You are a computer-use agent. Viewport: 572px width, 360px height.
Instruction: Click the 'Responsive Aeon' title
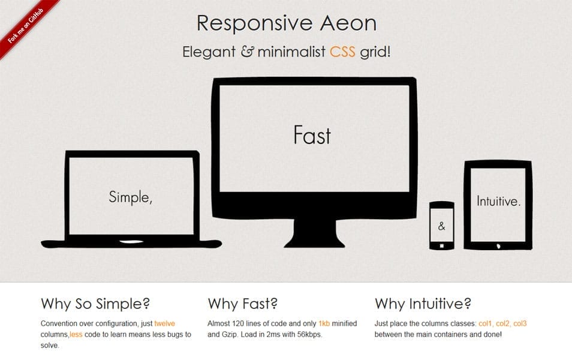(287, 23)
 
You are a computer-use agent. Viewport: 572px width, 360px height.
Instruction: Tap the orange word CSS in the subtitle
(342, 52)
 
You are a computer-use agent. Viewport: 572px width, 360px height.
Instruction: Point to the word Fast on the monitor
(312, 135)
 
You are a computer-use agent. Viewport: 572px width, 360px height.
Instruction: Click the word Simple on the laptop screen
(130, 196)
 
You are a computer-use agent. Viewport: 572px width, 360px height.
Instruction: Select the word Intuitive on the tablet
(498, 202)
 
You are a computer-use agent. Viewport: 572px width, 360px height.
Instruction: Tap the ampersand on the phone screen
(442, 226)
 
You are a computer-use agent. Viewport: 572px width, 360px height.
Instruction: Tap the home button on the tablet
(498, 245)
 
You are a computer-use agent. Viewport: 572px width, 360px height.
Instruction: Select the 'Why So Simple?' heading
(95, 303)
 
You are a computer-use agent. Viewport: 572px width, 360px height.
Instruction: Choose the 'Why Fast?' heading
(242, 303)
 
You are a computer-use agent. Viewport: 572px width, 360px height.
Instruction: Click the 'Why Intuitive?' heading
(423, 303)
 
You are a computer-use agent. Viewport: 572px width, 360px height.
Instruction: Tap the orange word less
(76, 334)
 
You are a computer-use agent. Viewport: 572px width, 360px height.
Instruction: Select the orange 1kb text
(324, 324)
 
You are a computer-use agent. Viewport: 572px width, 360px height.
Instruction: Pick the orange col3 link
(520, 324)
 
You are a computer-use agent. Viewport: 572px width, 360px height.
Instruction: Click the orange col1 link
(485, 324)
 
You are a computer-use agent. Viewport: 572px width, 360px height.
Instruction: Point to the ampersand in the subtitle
(247, 52)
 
